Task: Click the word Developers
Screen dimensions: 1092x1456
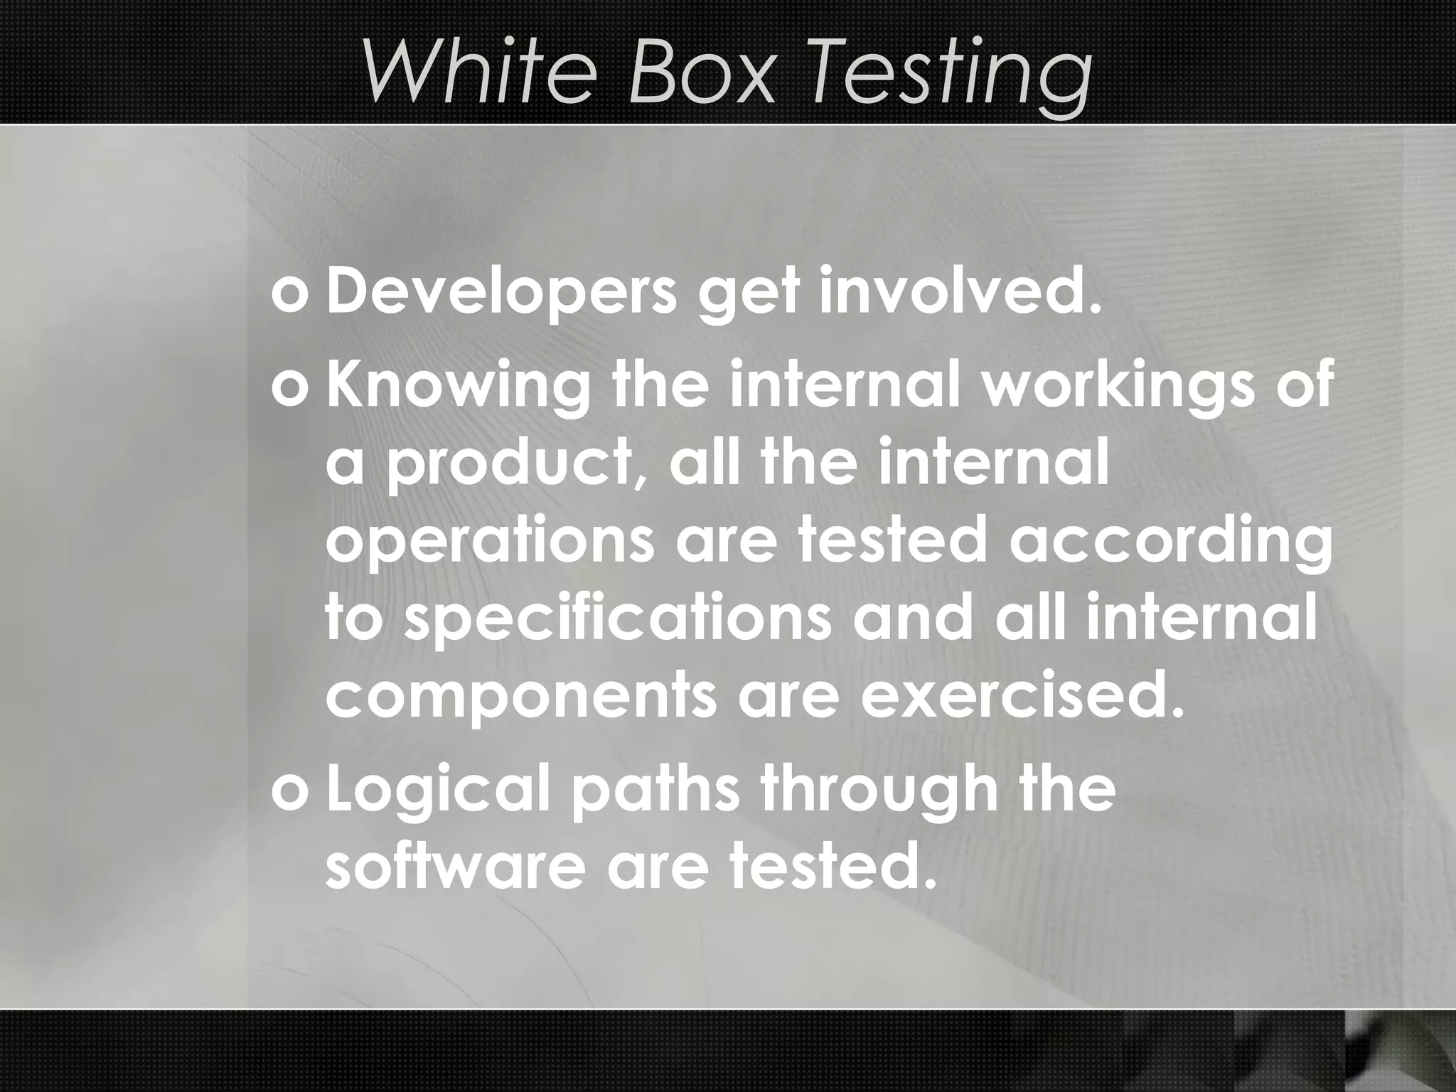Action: [501, 294]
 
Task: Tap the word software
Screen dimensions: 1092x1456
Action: [456, 869]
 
